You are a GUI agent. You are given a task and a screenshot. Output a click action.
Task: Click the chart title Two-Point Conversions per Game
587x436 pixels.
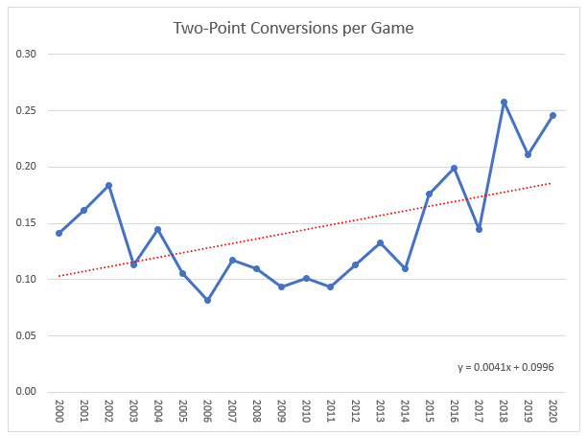coord(293,28)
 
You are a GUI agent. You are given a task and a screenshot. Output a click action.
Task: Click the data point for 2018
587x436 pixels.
coord(504,103)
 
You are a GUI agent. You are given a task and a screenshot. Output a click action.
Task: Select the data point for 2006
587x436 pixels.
coord(207,300)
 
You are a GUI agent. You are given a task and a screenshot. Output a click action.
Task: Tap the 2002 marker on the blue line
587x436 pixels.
coord(108,185)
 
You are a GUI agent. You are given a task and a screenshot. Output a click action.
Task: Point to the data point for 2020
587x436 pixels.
coord(552,116)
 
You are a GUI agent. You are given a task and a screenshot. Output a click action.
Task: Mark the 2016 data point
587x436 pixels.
coord(454,169)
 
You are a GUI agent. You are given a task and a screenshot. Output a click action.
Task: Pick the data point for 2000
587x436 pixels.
coord(59,233)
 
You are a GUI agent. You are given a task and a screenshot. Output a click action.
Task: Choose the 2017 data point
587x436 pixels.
coord(479,229)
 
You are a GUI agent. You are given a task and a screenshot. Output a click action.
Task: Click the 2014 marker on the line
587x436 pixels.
coord(405,268)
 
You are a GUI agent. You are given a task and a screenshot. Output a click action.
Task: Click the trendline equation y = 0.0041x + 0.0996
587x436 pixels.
coord(506,367)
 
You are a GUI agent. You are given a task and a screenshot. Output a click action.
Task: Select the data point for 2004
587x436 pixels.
coord(157,230)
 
